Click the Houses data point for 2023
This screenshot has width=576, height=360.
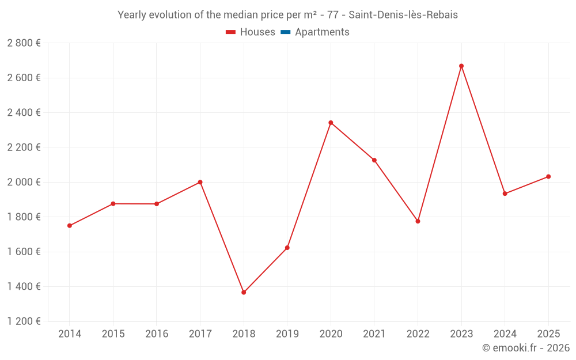point(461,66)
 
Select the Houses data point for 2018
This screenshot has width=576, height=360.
point(244,293)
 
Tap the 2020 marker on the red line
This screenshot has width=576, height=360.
point(331,123)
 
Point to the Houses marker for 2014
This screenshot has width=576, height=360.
point(70,226)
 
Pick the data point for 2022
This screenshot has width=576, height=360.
point(418,221)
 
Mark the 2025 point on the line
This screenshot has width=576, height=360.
point(548,177)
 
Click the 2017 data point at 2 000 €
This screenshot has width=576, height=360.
point(200,182)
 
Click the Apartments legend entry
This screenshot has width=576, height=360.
point(322,32)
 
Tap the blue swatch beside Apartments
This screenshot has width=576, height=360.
point(285,32)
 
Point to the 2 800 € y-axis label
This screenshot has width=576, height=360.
point(24,43)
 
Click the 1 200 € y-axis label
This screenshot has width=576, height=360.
point(24,321)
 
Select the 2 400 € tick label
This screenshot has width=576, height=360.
point(24,112)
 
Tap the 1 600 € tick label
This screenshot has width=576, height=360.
point(24,252)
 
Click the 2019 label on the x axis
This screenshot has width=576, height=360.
point(287,334)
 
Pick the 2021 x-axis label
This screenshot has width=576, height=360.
point(374,334)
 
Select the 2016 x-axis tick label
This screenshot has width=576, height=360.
point(157,334)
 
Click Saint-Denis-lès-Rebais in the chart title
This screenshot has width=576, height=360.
point(403,15)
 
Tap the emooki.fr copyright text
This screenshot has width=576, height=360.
point(525,348)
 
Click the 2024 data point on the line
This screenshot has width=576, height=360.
point(505,194)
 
